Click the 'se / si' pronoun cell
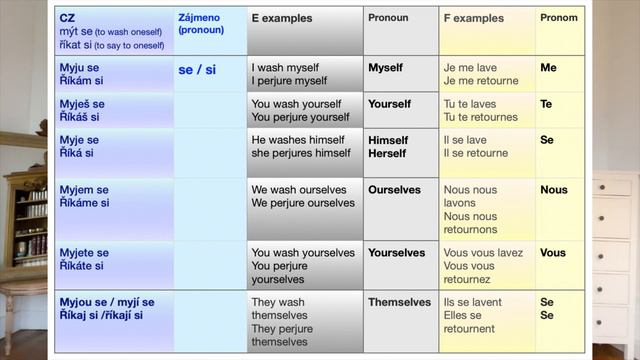click(197, 70)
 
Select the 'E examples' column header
click(282, 19)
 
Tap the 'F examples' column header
click(474, 19)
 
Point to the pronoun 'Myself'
click(385, 68)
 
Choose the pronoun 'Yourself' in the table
click(389, 104)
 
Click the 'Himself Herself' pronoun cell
click(388, 147)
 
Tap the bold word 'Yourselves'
click(396, 253)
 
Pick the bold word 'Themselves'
click(399, 302)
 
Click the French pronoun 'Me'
click(548, 68)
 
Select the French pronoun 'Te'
click(546, 104)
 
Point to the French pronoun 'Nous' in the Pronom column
click(553, 189)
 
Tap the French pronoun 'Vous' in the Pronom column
click(553, 253)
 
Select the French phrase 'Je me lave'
click(472, 68)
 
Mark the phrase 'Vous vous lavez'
click(483, 253)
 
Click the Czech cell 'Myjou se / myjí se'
click(107, 302)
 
